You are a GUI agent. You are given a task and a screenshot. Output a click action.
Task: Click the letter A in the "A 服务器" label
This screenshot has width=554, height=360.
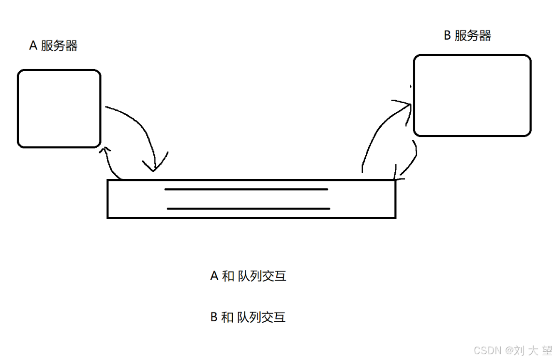click(33, 46)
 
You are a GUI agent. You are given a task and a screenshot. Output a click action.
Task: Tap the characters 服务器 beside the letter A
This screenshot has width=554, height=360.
click(60, 46)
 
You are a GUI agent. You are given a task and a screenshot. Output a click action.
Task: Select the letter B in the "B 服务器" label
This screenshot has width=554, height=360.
click(448, 36)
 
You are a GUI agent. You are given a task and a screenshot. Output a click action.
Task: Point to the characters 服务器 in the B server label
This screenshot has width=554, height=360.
click(473, 36)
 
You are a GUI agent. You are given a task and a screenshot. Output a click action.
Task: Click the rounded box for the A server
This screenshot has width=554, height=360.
click(59, 108)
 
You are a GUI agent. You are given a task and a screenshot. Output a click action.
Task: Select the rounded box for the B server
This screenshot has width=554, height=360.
click(472, 95)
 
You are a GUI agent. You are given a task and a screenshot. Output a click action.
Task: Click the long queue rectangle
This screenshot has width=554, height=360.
click(251, 199)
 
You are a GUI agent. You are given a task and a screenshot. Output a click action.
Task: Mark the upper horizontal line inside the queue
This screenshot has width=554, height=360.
click(246, 189)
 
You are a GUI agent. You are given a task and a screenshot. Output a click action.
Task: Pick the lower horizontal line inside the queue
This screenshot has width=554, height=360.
click(248, 209)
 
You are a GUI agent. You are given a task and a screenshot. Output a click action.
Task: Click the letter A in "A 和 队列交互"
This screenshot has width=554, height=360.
click(215, 276)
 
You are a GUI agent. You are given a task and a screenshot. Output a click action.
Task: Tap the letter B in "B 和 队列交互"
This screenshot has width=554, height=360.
click(214, 317)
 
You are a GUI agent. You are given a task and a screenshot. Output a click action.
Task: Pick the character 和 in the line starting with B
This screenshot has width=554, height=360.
click(227, 317)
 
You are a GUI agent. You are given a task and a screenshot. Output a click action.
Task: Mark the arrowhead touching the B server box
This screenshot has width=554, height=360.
click(405, 104)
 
